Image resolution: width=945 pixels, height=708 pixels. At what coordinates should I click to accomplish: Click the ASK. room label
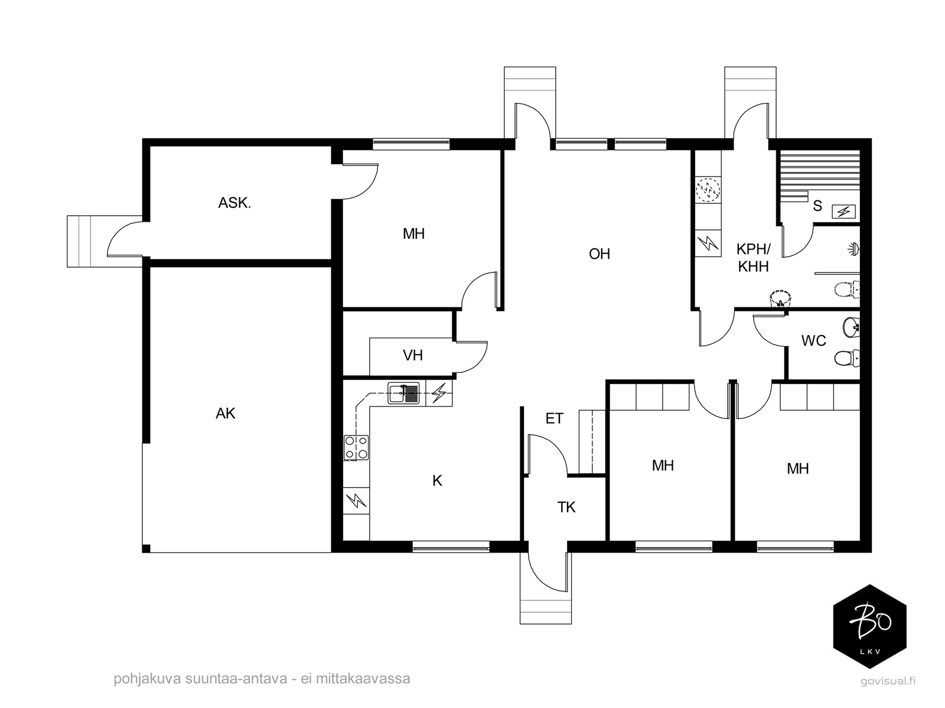coord(234,203)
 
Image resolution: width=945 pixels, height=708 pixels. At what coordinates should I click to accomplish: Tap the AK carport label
coord(226,414)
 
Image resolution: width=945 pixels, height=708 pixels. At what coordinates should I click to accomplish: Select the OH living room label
coord(599,254)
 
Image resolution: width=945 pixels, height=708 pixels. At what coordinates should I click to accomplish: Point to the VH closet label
coord(412,355)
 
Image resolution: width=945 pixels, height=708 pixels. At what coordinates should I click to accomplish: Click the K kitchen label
coord(438,481)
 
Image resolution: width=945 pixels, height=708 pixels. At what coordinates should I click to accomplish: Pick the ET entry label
coord(554,418)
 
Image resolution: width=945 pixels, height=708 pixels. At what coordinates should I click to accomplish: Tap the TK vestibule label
coord(566,507)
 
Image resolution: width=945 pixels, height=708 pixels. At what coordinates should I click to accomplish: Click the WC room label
coord(814,340)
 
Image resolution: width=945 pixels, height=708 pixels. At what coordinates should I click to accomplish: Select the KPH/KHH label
coord(754,258)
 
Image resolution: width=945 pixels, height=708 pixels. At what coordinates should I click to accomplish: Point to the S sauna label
coord(817,206)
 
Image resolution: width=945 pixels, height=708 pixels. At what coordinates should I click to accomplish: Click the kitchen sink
coord(403,393)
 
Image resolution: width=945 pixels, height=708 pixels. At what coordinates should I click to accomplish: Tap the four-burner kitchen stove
coord(356,448)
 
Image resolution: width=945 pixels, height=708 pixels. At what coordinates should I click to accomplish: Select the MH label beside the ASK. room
coord(414,233)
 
